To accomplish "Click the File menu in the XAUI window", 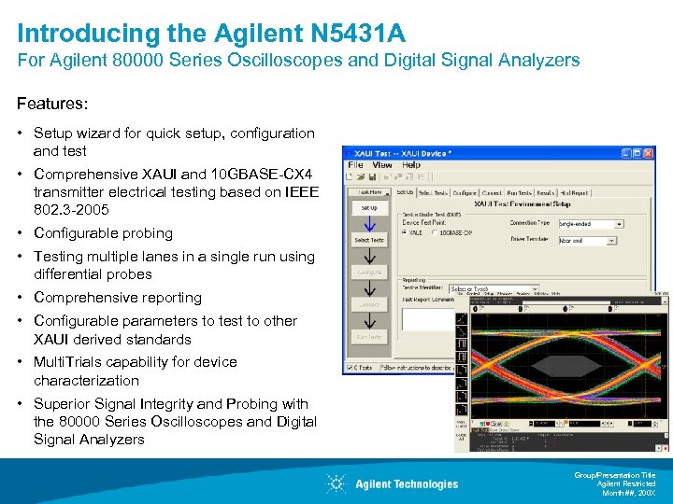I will point(355,165).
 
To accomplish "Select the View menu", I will point(382,165).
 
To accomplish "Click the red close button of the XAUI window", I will point(646,151).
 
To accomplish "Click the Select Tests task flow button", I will point(368,240).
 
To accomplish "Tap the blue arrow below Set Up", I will point(368,224).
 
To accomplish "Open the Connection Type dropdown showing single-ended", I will point(588,224).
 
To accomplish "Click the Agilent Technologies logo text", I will point(407,483).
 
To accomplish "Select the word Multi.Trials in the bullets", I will point(74,362).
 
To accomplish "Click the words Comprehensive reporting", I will point(118,298).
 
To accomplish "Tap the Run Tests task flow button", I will point(368,336).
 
